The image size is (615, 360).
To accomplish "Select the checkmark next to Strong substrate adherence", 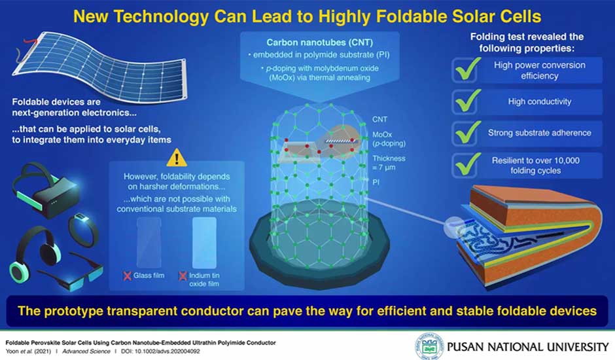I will [x=468, y=132].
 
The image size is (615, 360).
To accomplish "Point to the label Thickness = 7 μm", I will [x=388, y=163].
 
